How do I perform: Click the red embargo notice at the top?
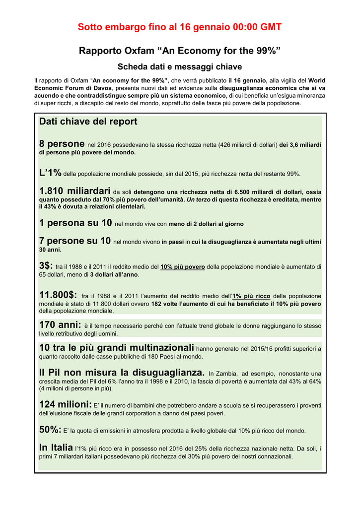tap(180, 28)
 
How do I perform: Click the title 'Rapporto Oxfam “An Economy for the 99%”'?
tap(180, 51)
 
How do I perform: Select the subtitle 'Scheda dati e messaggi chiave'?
tap(180, 66)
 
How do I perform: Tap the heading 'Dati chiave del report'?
tap(88, 122)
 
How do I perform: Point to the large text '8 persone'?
tap(62, 144)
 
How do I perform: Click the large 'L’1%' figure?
tap(50, 173)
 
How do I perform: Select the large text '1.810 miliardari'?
tap(74, 191)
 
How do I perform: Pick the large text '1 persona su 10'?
tap(75, 223)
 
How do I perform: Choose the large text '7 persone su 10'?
tap(74, 241)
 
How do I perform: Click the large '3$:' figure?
tap(46, 265)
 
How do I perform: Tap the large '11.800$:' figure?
tap(58, 295)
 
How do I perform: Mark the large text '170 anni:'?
tap(60, 325)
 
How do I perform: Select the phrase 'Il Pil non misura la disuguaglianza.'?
tap(122, 372)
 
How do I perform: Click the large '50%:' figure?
tap(50, 430)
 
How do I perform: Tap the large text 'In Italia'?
tap(56, 447)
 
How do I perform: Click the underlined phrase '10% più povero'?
tap(183, 267)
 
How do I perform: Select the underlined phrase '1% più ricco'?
tap(251, 296)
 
